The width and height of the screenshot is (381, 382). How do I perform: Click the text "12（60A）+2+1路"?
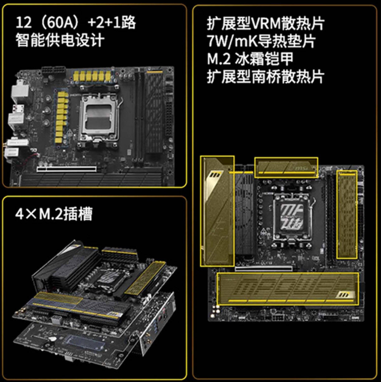[x=76, y=22]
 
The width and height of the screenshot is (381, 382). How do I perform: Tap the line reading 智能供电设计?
[x=60, y=40]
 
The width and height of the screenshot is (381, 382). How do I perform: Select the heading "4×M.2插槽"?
[x=54, y=214]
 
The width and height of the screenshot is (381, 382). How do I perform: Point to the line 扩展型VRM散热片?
[x=266, y=24]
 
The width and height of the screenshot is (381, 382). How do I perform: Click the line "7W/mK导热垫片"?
[x=261, y=41]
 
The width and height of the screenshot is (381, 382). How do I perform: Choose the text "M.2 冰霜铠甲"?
[x=250, y=59]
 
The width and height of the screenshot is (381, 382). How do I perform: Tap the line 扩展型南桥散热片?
[x=266, y=76]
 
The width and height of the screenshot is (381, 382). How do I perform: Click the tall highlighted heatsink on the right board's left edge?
[x=217, y=211]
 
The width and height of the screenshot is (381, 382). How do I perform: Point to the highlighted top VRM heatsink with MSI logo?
[x=286, y=167]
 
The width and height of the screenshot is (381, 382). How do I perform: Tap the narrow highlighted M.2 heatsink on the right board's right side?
[x=347, y=214]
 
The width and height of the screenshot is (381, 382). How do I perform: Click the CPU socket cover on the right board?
[x=291, y=218]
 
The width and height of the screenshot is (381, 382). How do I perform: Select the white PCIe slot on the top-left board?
[x=67, y=169]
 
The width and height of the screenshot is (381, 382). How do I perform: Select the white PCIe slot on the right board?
[x=263, y=269]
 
